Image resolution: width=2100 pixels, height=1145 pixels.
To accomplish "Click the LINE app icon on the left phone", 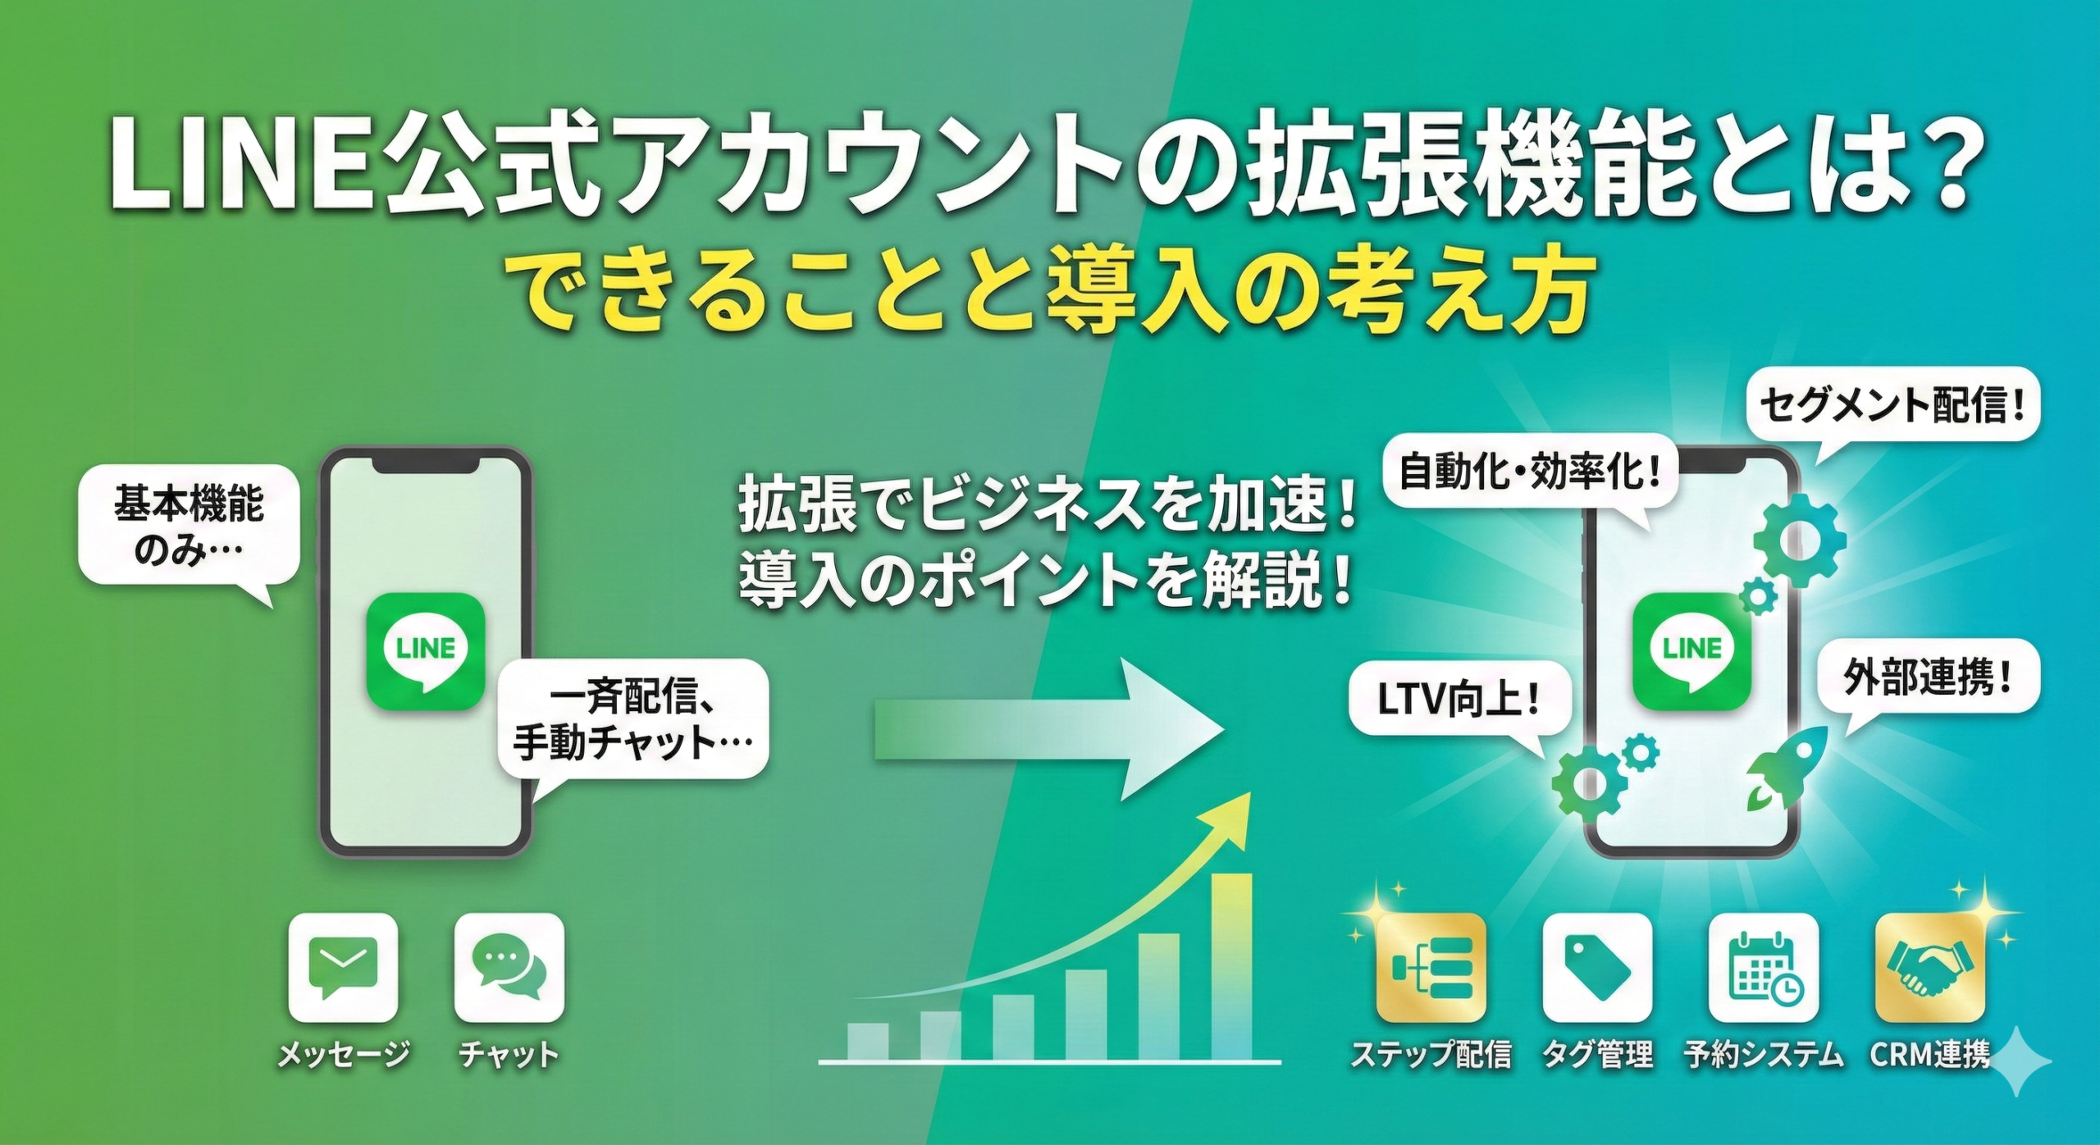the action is (x=426, y=653).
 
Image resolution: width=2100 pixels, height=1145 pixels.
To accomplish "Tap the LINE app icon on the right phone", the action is (x=1691, y=653).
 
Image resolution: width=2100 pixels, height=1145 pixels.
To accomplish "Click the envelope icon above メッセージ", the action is (x=344, y=969).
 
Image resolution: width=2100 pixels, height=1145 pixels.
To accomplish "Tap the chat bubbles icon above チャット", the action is (x=509, y=969).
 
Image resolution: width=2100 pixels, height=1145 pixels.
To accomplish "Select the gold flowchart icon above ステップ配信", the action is (x=1431, y=969).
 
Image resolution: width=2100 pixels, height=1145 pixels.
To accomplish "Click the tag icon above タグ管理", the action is (x=1598, y=969).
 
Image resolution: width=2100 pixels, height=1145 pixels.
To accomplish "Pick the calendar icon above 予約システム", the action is (x=1764, y=969).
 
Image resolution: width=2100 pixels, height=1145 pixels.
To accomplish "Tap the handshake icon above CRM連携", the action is (x=1930, y=969).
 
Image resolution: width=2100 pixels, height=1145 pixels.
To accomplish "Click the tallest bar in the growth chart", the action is (x=1232, y=968).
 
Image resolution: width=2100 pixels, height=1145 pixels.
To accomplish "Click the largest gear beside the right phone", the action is (x=1800, y=541).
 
